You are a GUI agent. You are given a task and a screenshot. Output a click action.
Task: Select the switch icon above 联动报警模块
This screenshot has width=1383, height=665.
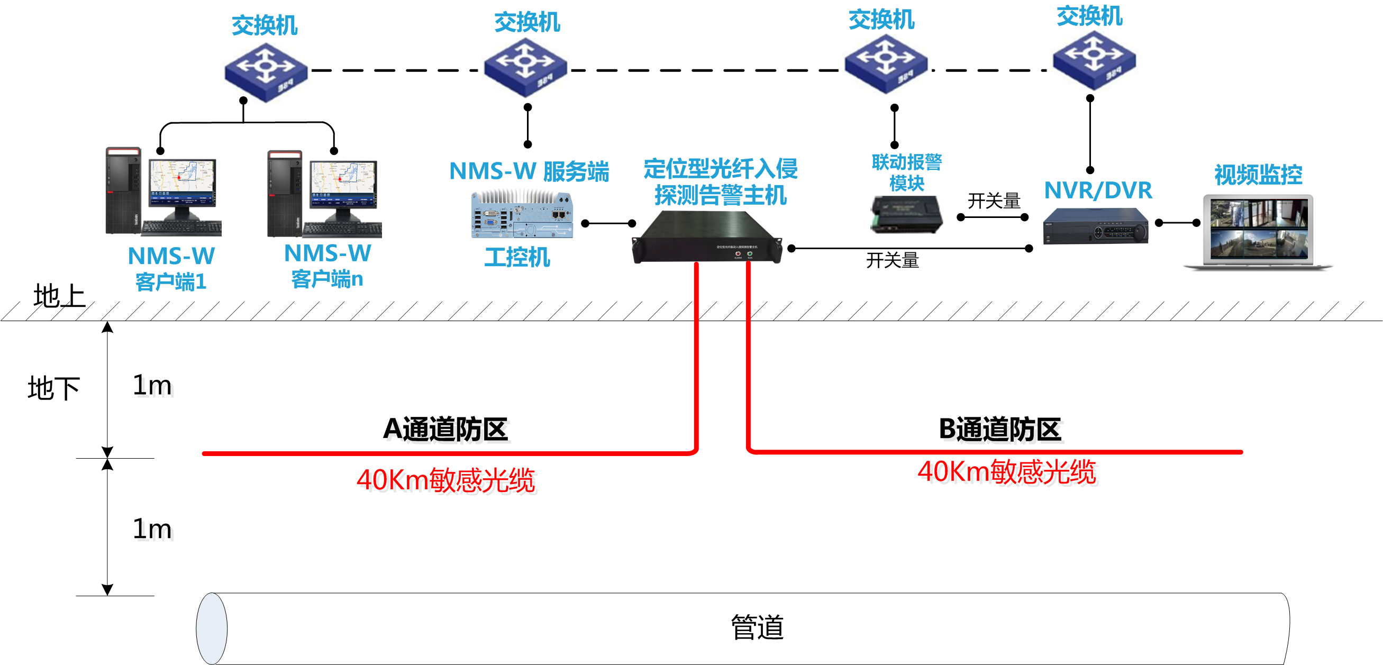pos(886,64)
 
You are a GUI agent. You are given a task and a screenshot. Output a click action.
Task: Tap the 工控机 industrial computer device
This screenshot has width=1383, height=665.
pos(522,215)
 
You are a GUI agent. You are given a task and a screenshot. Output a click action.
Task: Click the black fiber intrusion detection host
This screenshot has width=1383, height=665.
pos(707,237)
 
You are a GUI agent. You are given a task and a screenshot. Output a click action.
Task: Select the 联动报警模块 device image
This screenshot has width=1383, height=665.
pos(906,215)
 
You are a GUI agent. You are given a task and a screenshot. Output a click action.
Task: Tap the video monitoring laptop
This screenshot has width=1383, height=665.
pos(1258,232)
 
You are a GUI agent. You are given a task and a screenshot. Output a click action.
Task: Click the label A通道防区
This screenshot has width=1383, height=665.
pos(445,430)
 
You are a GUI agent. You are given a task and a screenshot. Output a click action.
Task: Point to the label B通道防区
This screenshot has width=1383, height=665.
pos(1000,430)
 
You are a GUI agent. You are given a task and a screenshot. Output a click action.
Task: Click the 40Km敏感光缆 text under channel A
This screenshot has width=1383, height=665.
pos(445,480)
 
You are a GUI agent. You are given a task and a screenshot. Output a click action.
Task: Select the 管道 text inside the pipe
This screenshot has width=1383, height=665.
pos(757,627)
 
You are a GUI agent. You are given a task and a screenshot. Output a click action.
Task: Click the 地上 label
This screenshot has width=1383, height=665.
pos(59,296)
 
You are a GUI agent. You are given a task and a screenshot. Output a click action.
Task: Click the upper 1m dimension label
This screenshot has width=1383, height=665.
pos(152,385)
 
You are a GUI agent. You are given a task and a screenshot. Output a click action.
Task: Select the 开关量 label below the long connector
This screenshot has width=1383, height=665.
pos(893,260)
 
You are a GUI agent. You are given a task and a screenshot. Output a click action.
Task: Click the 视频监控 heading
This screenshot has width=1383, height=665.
pos(1258,175)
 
